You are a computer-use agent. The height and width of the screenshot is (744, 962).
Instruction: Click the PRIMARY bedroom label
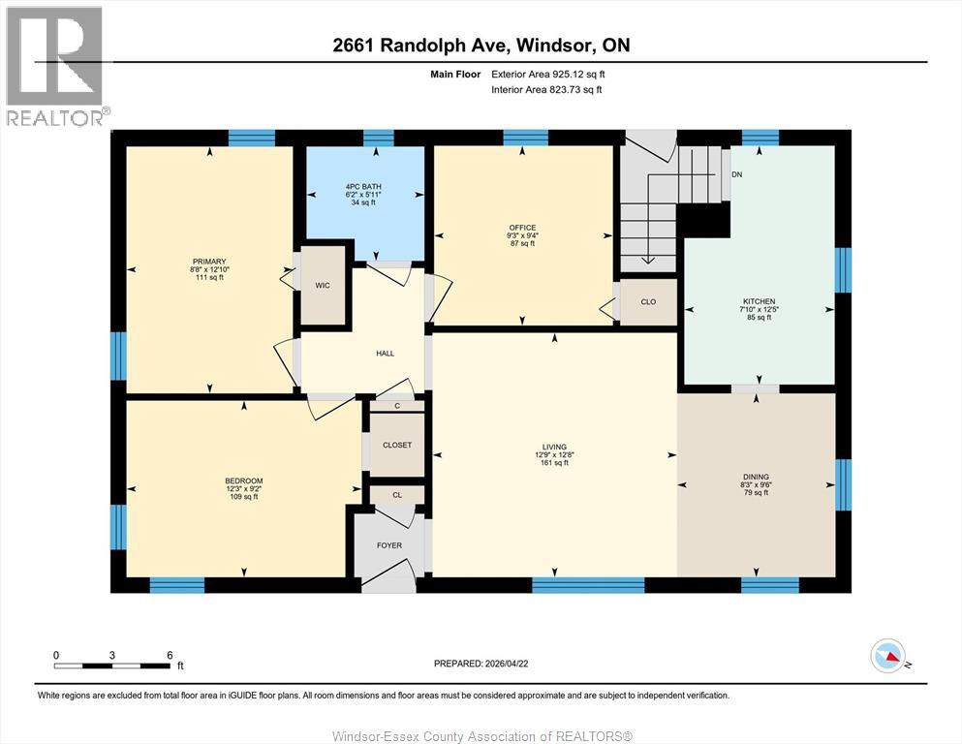pos(208,262)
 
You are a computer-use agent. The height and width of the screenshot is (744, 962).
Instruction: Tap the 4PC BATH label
pos(366,186)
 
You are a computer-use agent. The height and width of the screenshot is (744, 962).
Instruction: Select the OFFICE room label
pos(522,229)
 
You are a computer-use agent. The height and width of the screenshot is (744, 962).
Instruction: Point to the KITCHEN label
pos(760,301)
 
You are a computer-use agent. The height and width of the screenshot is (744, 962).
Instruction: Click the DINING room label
pos(756,477)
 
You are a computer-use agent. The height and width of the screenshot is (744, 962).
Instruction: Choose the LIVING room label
pos(554,448)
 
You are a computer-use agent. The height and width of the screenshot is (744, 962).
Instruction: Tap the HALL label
pos(385,354)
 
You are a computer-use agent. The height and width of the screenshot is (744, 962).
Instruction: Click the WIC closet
pos(323,287)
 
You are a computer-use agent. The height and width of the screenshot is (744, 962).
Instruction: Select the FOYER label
pos(389,545)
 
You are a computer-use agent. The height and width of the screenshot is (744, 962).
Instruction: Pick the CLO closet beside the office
pos(648,302)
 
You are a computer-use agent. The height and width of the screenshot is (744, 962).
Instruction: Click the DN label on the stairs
pos(736,175)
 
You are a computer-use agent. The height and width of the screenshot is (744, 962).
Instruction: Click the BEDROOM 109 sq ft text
pos(243,497)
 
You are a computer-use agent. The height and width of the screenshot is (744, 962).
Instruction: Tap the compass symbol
pos(888,657)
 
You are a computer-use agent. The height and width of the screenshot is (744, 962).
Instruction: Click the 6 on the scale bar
pos(170,655)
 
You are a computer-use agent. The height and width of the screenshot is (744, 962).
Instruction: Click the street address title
pos(481,46)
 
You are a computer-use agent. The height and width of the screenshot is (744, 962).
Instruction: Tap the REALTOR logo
pos(54,65)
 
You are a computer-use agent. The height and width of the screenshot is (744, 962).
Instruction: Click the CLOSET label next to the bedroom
pos(397,446)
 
